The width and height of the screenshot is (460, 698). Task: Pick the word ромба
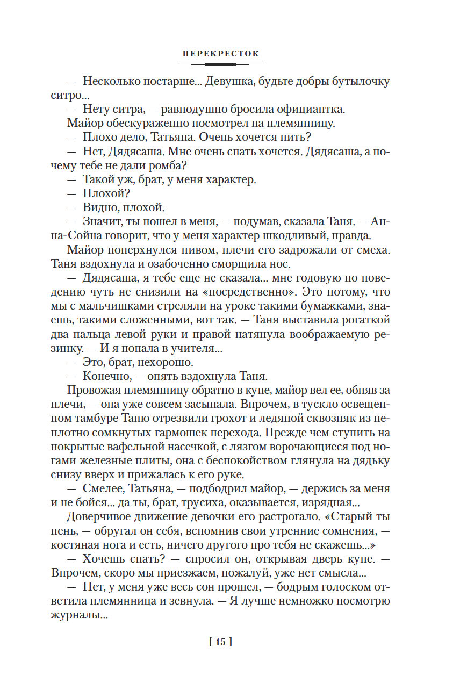[160, 165]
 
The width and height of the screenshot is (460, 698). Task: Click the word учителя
[190, 348]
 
